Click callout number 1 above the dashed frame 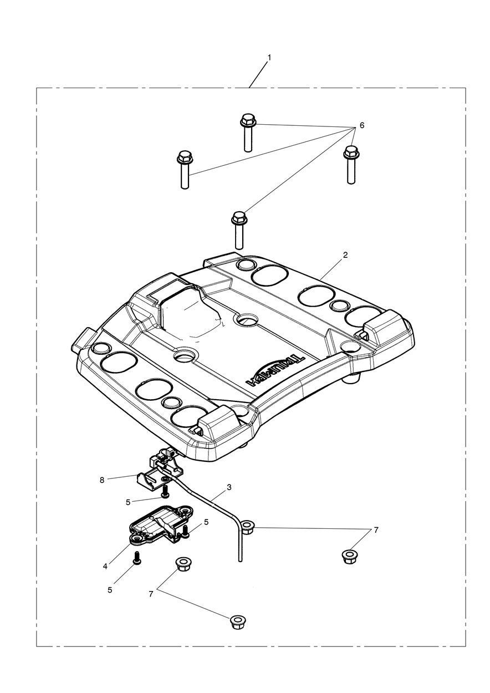pyautogui.click(x=269, y=57)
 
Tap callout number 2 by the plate pyautogui.click(x=345, y=255)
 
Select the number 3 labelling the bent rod pyautogui.click(x=229, y=487)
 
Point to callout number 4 pyautogui.click(x=105, y=567)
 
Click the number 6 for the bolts pyautogui.click(x=362, y=125)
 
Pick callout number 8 pyautogui.click(x=102, y=480)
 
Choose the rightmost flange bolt pyautogui.click(x=351, y=165)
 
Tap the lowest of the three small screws pyautogui.click(x=137, y=557)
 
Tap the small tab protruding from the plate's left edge pyautogui.click(x=84, y=338)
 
